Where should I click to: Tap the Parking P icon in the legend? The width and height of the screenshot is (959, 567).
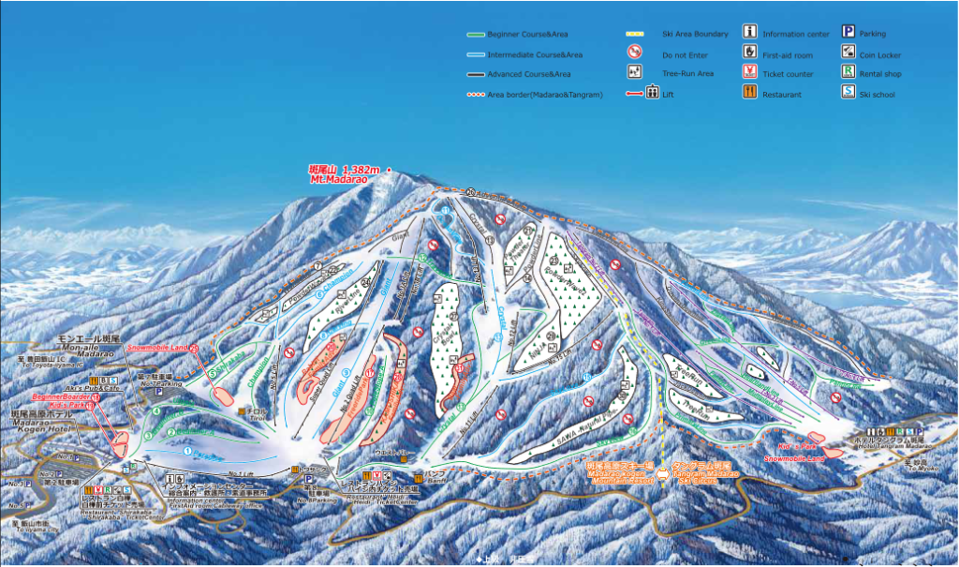coord(848,33)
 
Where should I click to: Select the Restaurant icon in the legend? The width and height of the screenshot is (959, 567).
coord(749,92)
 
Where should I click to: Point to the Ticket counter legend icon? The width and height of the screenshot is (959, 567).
coord(749,72)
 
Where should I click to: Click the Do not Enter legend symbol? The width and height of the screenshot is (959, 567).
coord(634,52)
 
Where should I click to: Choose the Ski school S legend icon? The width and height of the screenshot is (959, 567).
coord(848,92)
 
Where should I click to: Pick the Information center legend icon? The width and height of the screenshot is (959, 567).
coord(749,33)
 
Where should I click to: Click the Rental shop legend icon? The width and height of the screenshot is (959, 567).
coord(848,72)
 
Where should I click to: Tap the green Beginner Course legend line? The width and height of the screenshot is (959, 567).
coord(475,35)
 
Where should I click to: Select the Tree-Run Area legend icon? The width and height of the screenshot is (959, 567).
coord(634,72)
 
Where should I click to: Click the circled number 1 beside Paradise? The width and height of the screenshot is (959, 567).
coord(187,451)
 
